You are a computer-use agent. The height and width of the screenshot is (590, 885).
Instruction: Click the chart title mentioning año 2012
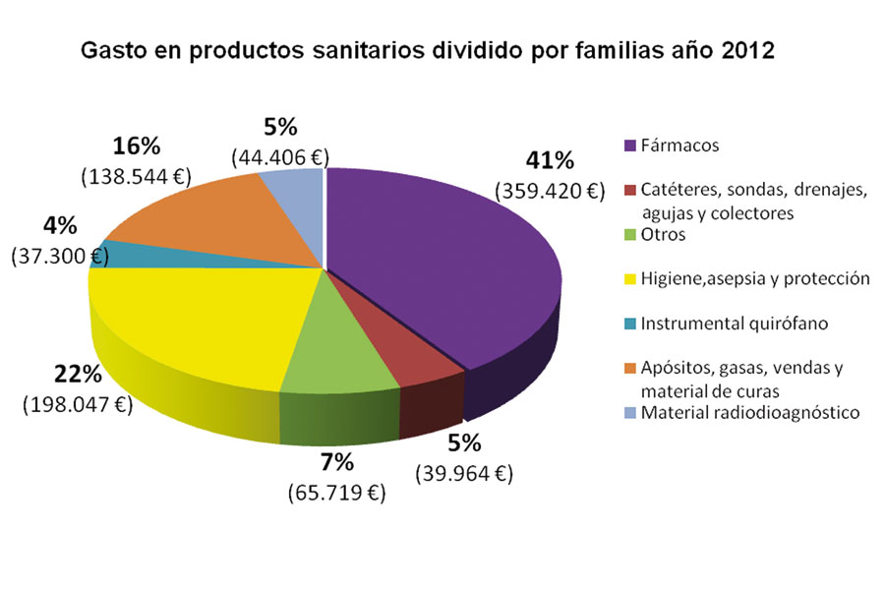click(x=428, y=51)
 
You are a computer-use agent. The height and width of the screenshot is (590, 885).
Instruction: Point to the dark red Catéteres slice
click(x=413, y=354)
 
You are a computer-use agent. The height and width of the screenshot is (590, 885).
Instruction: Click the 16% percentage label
click(x=136, y=147)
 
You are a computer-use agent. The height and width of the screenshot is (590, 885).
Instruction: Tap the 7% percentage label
click(x=337, y=462)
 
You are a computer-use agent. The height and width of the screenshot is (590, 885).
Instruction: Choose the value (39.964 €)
click(x=463, y=473)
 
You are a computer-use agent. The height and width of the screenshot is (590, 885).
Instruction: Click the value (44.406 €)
click(x=281, y=155)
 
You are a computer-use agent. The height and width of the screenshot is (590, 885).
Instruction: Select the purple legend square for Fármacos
click(x=629, y=147)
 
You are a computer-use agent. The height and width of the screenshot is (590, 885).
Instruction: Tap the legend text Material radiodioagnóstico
click(x=750, y=412)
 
